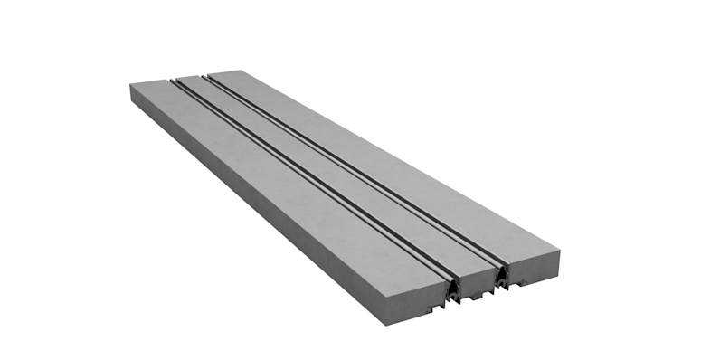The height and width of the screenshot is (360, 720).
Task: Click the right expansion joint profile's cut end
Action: click(x=500, y=273)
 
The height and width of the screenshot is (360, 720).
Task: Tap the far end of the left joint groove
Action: click(x=175, y=79)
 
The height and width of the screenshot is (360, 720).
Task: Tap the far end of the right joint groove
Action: click(x=207, y=74)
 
